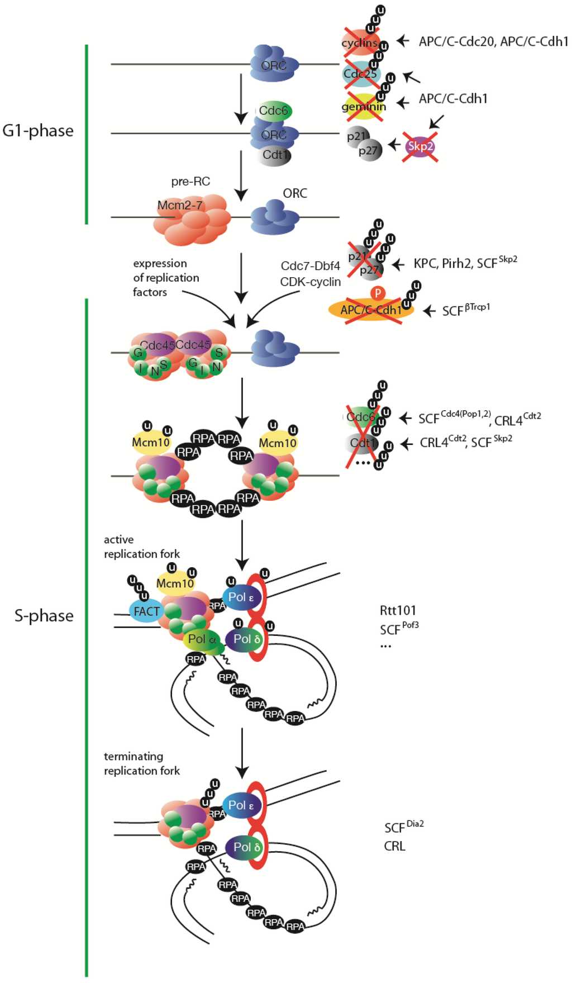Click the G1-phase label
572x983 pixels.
point(38,131)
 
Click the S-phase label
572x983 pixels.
point(44,616)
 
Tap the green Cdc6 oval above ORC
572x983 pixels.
point(274,111)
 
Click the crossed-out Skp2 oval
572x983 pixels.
point(420,146)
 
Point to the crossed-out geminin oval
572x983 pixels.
point(364,107)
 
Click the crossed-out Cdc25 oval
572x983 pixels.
point(360,74)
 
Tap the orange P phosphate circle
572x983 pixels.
point(378,293)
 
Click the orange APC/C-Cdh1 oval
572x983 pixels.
point(370,310)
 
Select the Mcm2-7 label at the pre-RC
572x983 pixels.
point(180,206)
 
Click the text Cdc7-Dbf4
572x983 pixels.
point(310,266)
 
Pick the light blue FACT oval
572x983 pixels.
point(146,611)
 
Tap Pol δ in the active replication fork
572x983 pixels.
point(246,639)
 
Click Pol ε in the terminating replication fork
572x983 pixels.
point(241,805)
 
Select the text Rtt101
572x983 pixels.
point(398,610)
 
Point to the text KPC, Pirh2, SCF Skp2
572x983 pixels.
point(465,263)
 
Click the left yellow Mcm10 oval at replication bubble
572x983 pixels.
point(151,443)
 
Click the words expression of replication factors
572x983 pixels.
point(165,278)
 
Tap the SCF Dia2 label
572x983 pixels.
point(403,827)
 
